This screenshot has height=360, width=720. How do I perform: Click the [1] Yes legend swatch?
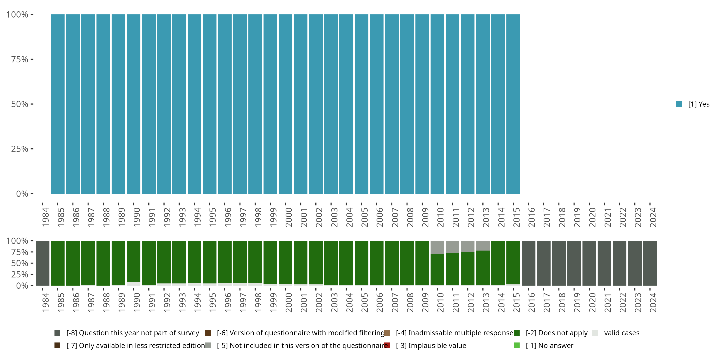click(679, 104)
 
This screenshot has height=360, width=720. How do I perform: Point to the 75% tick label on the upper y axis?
click(20, 59)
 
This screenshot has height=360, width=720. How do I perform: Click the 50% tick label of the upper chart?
click(20, 104)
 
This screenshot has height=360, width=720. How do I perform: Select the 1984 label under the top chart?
click(46, 217)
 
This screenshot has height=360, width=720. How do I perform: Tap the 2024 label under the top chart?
click(653, 217)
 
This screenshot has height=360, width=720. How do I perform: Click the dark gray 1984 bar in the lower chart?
click(42, 263)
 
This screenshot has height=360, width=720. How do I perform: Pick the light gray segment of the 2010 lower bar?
click(437, 247)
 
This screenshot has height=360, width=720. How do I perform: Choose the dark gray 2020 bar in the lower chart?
click(589, 263)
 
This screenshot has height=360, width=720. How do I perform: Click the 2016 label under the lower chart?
click(532, 302)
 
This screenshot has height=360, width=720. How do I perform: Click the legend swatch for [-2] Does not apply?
click(517, 333)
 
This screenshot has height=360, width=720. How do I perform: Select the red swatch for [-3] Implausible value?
click(387, 345)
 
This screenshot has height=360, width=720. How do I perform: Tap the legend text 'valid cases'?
click(622, 333)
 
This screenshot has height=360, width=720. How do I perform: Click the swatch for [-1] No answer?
click(517, 345)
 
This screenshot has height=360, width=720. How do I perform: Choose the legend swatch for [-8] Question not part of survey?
click(57, 333)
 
